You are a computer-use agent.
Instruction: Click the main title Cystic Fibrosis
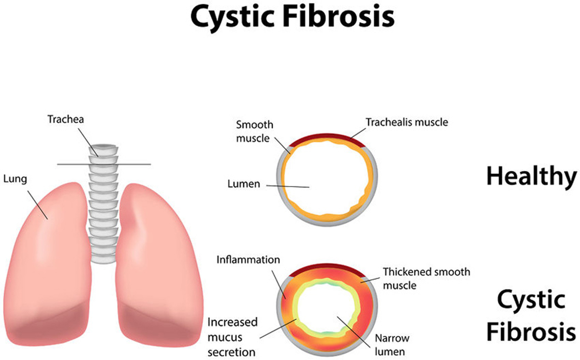pyautogui.click(x=292, y=17)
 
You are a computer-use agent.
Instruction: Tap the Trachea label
pyautogui.click(x=66, y=119)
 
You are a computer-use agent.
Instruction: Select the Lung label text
pyautogui.click(x=15, y=179)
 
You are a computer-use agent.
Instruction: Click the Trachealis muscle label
pyautogui.click(x=407, y=122)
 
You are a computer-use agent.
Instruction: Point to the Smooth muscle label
pyautogui.click(x=255, y=131)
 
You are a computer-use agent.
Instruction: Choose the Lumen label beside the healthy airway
pyautogui.click(x=244, y=184)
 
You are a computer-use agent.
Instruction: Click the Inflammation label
pyautogui.click(x=248, y=259)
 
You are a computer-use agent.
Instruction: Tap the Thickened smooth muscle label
pyautogui.click(x=426, y=278)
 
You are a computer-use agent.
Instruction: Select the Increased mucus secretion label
pyautogui.click(x=232, y=337)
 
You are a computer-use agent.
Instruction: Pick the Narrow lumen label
pyautogui.click(x=392, y=345)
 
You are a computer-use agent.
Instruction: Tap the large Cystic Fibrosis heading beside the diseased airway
pyautogui.click(x=532, y=315)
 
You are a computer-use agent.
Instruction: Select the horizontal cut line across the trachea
pyautogui.click(x=104, y=164)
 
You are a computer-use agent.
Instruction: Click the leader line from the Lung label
pyautogui.click(x=38, y=205)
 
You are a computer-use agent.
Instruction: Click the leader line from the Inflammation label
pyautogui.click(x=278, y=285)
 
